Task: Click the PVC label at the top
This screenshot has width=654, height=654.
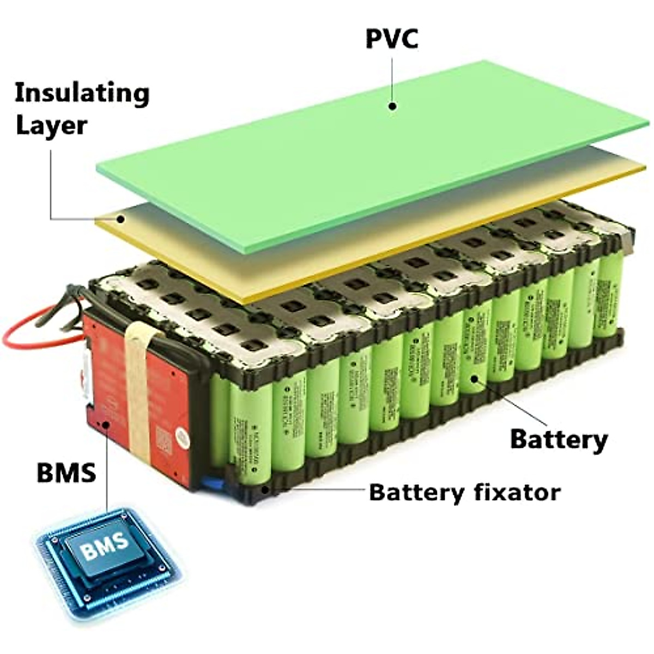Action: (391, 39)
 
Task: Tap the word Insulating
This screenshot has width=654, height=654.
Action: (82, 93)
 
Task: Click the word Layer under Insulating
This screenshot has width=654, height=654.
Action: (51, 125)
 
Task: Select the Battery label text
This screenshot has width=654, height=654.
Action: (559, 439)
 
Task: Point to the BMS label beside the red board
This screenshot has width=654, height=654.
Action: (66, 472)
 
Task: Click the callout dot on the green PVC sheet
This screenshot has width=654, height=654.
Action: (392, 106)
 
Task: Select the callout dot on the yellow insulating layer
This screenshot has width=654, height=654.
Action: (121, 219)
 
